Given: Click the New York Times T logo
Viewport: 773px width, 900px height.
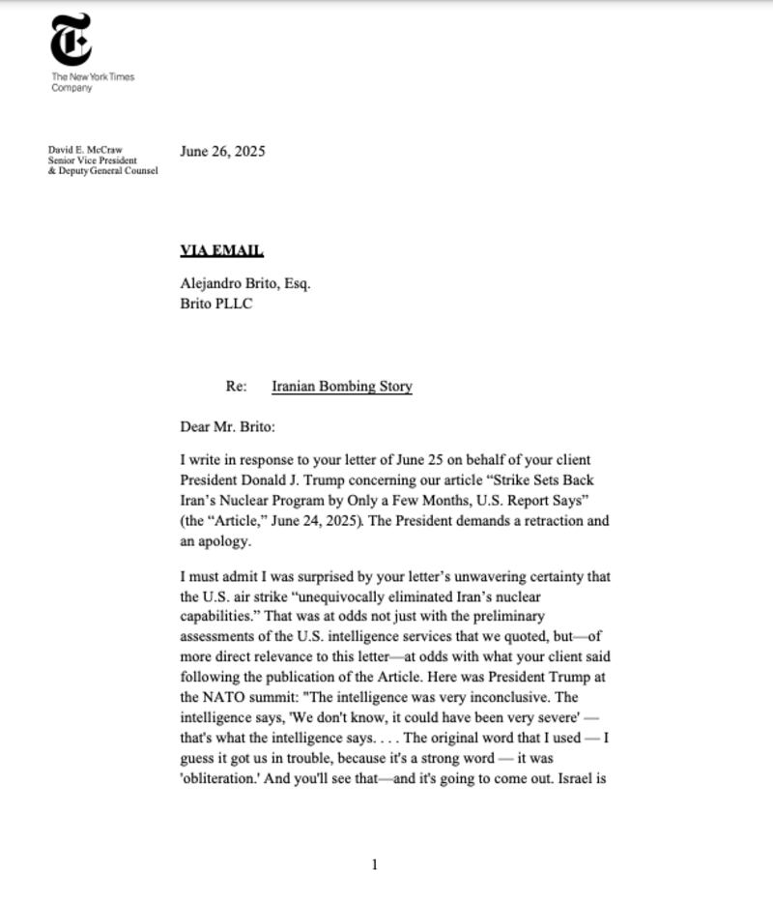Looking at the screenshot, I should (x=72, y=40).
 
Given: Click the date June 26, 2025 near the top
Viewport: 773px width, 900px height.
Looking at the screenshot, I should (x=222, y=151).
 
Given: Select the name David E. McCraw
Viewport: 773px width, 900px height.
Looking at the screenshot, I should (x=85, y=150).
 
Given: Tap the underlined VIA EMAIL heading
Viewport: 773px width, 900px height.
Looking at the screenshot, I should (x=221, y=251).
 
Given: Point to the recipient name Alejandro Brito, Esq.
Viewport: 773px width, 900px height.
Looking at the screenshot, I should (x=244, y=284).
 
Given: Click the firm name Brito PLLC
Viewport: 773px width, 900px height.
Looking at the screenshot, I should (x=216, y=304).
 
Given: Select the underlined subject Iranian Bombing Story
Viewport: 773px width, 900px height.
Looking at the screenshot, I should (x=342, y=387).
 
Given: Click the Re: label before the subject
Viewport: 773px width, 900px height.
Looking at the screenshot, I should (x=237, y=387).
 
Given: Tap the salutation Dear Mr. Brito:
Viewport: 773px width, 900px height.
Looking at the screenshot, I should (x=228, y=426).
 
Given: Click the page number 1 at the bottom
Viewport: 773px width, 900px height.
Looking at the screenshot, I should (x=375, y=864).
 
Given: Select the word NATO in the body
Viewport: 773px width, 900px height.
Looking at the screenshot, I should (x=220, y=697).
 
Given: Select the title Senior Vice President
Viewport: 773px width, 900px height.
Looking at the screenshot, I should (x=93, y=160).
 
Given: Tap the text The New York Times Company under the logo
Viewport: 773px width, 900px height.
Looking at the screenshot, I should (x=93, y=82).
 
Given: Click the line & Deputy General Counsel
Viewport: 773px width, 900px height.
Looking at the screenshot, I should (x=103, y=171).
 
